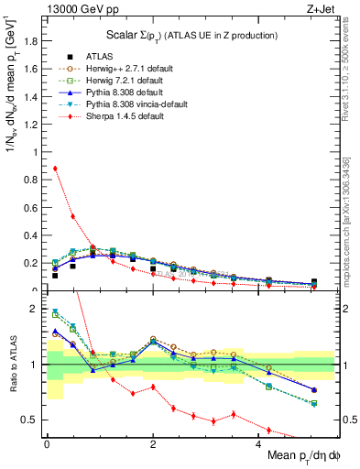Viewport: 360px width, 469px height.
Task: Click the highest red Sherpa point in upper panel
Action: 55,169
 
